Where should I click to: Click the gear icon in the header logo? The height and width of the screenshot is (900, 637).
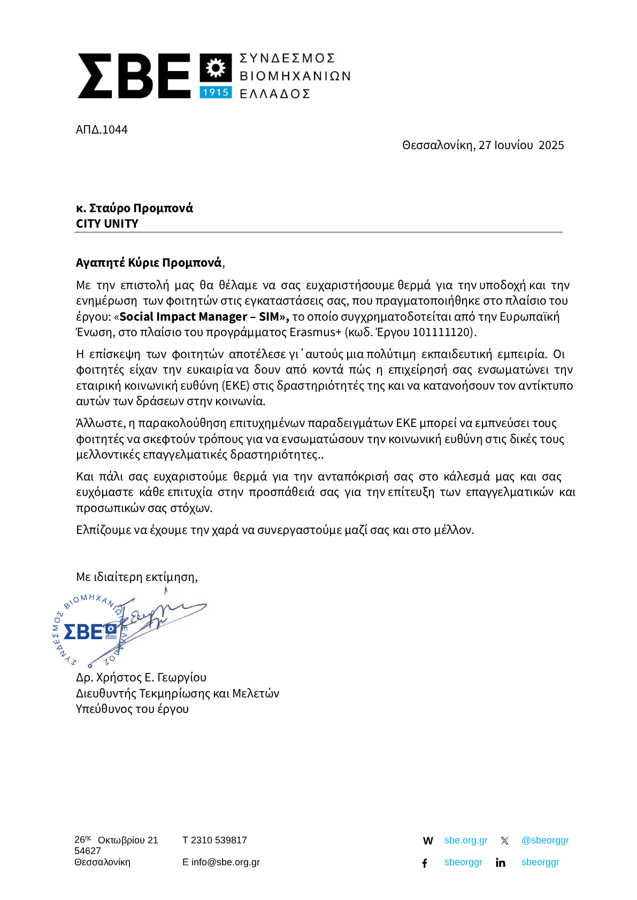tap(216, 68)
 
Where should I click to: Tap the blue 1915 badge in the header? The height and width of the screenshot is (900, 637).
tap(216, 92)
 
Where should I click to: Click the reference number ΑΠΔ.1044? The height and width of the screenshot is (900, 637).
tap(102, 130)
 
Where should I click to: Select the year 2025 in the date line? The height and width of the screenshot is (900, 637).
tap(551, 145)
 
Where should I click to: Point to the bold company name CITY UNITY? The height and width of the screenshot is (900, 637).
tap(107, 224)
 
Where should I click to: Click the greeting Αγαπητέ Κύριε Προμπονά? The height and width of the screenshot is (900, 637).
tap(149, 263)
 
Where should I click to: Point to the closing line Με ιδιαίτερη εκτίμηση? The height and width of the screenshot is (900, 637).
tap(137, 577)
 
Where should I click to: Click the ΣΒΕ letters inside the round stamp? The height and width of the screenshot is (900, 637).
tap(83, 632)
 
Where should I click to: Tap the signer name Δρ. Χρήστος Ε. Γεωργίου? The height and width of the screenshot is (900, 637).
tap(141, 678)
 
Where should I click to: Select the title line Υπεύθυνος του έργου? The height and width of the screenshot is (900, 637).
tap(132, 709)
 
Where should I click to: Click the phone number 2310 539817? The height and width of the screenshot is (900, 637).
tap(219, 840)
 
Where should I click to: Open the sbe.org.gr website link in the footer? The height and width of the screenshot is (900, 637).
tap(466, 840)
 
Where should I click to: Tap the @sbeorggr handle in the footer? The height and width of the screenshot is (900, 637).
tap(545, 840)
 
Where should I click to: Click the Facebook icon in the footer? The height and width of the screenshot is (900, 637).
tap(425, 863)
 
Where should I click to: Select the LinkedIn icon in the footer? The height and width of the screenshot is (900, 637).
tap(501, 863)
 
